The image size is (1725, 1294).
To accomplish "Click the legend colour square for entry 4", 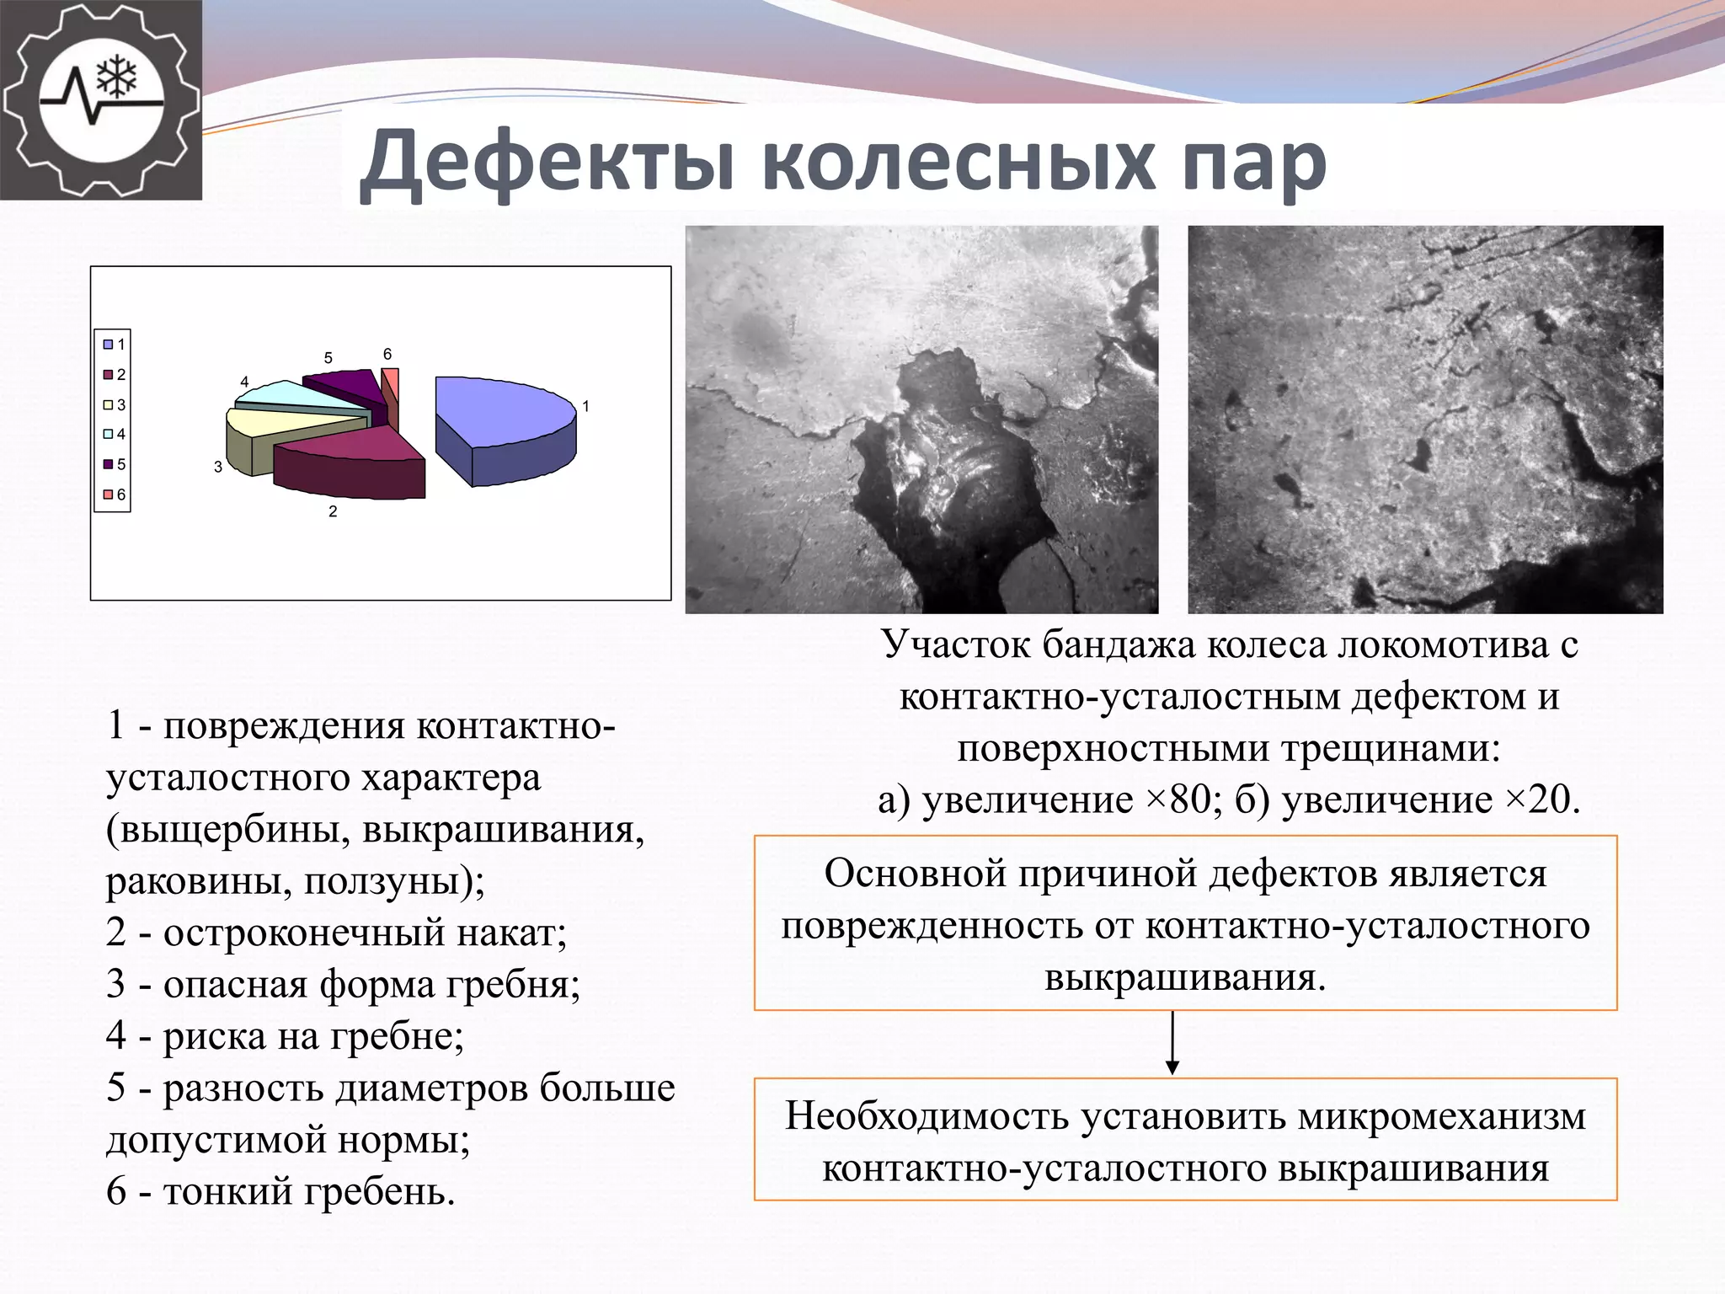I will click(108, 435).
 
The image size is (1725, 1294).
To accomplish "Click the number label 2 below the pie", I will click(333, 511).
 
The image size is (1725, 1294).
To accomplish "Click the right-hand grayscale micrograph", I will click(1425, 420).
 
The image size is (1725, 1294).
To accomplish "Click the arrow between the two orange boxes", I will click(1172, 1043).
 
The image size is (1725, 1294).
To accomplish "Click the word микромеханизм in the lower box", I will click(1441, 1116).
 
